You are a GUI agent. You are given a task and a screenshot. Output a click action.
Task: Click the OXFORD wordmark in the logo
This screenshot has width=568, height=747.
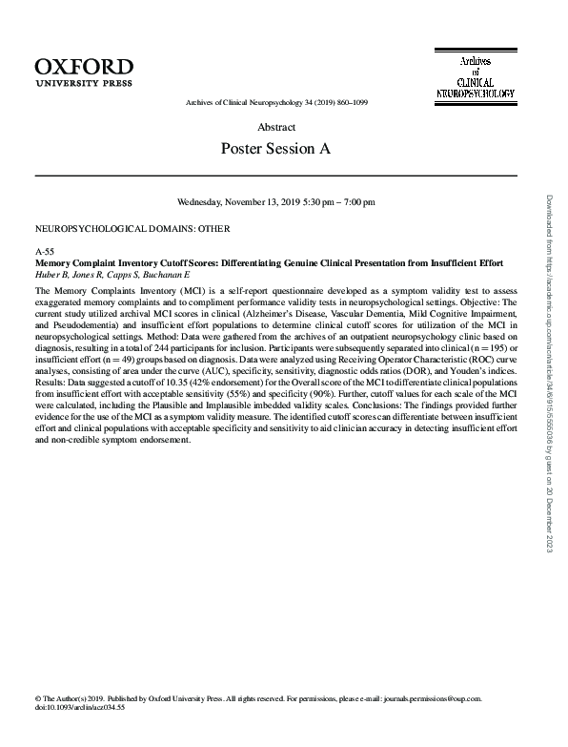84,66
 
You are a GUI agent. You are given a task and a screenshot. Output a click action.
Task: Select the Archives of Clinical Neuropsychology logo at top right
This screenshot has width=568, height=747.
475,77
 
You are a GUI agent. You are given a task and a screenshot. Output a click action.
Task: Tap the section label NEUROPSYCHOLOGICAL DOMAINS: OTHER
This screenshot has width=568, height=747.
132,229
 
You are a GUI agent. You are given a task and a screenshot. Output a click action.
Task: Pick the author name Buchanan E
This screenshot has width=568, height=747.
174,273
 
